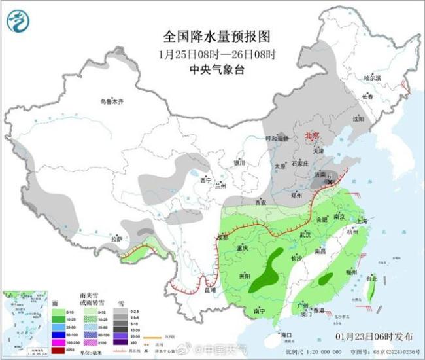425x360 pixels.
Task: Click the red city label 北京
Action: pos(313,135)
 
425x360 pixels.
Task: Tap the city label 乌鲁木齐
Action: pos(112,102)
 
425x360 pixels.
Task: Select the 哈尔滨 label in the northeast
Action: pos(372,77)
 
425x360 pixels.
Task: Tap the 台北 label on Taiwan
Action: pos(371,278)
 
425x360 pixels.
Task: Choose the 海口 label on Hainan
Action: pos(286,335)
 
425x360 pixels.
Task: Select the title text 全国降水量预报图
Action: pos(216,36)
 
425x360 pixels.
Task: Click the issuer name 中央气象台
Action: pos(216,68)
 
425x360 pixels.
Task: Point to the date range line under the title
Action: pos(216,52)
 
